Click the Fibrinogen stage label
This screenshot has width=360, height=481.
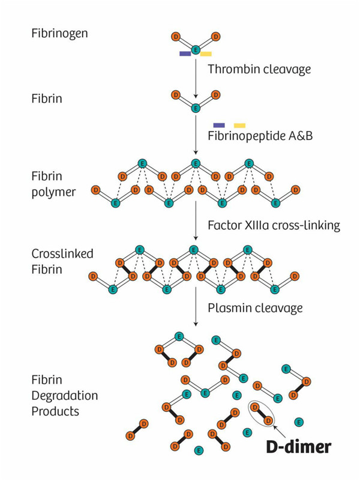[x=59, y=32]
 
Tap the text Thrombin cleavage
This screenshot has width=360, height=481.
[x=259, y=69]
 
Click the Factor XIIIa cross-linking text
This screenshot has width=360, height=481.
[x=274, y=226]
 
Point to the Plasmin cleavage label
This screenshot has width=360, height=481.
[x=254, y=308]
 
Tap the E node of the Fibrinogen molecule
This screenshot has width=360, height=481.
[x=196, y=50]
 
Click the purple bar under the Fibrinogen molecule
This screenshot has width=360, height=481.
[x=185, y=53]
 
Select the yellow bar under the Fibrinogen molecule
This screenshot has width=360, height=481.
[x=206, y=53]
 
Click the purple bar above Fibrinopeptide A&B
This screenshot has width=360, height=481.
[x=219, y=125]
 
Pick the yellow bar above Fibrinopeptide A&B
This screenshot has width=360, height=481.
[x=239, y=125]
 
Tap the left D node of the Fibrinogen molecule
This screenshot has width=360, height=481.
[x=175, y=37]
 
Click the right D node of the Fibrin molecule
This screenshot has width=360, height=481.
[x=216, y=95]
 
